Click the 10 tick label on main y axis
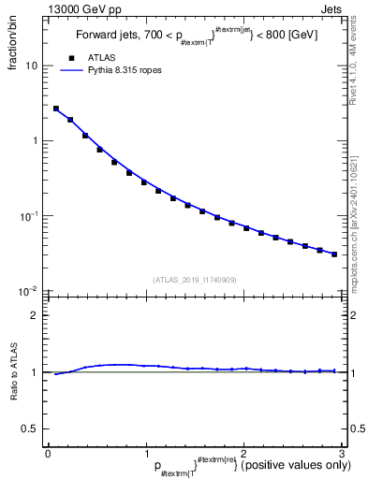click(34, 66)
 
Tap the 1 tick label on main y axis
click(37, 141)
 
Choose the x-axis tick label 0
click(48, 453)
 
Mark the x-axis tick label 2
click(243, 453)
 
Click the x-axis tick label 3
click(341, 453)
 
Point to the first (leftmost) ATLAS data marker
click(56, 109)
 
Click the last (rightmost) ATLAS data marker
click(334, 254)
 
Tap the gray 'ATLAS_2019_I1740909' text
click(195, 280)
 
